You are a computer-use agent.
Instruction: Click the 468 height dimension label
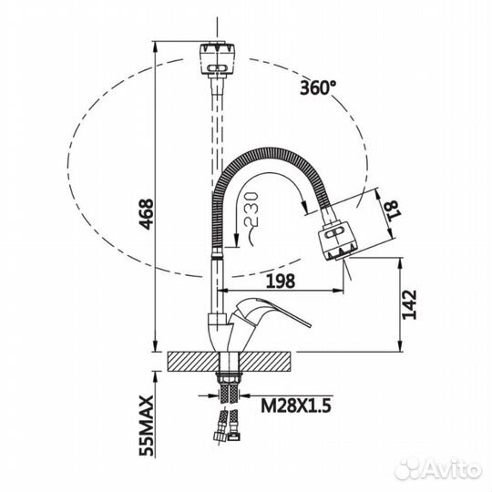[147, 214]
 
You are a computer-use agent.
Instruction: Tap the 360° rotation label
[318, 87]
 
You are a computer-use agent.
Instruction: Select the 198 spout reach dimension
[281, 281]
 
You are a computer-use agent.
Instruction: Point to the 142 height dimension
[409, 305]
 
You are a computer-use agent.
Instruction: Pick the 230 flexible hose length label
[252, 210]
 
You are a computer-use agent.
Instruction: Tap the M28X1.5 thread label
[296, 406]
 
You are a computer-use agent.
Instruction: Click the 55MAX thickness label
[147, 425]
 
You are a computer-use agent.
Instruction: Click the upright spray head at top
[217, 59]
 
